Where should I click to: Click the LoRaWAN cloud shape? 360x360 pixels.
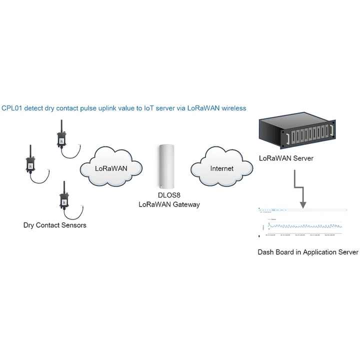111,167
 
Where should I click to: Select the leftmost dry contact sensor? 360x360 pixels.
30,162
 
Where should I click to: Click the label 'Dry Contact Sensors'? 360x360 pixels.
54,225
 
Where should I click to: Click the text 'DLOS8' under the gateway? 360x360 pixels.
165,195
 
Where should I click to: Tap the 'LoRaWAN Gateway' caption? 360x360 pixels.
169,204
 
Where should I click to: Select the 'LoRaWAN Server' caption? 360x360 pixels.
286,158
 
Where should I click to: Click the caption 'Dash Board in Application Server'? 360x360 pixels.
307,252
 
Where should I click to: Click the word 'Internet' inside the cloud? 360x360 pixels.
221,168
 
